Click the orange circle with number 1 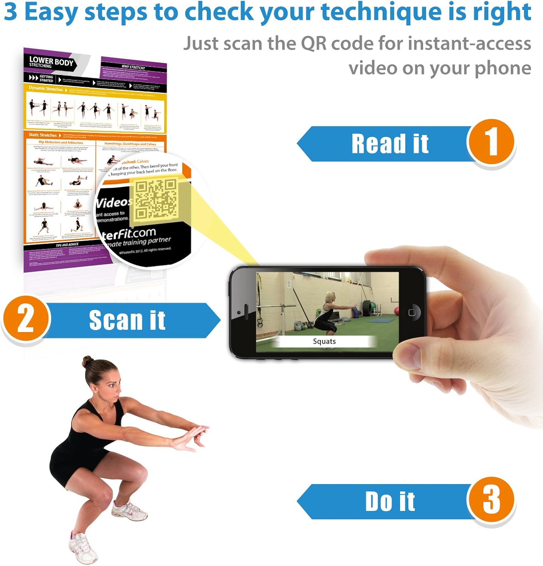click(491, 142)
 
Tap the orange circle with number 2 click(26, 319)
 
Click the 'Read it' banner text click(390, 144)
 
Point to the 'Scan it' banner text click(127, 320)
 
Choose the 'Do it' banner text click(390, 501)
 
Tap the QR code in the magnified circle click(156, 199)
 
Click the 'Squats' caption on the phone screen click(324, 341)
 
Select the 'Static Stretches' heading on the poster click(43, 135)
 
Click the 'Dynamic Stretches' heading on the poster click(46, 89)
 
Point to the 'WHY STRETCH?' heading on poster click(133, 67)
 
